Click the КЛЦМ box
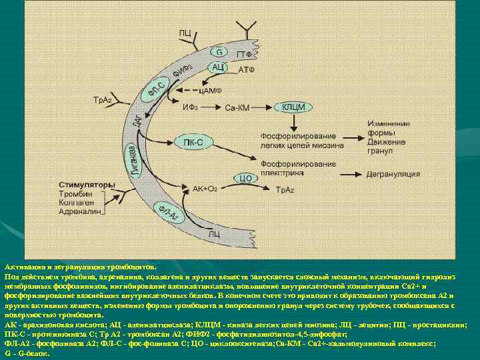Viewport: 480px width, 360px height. (293, 107)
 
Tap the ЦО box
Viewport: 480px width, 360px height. (244, 178)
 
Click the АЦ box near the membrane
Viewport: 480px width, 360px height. (217, 67)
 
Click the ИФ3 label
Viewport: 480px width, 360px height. (191, 107)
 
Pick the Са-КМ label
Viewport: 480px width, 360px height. (237, 107)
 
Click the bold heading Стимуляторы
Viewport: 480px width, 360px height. (86, 184)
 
